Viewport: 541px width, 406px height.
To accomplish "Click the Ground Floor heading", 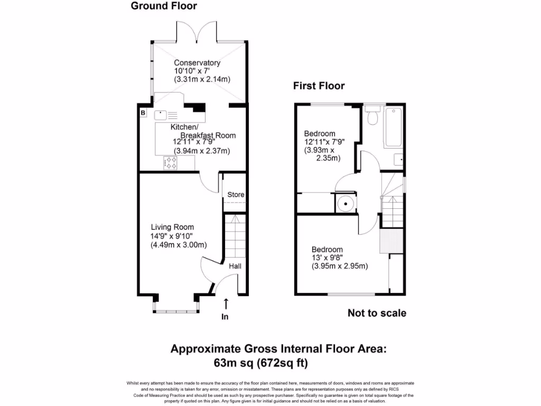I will pos(164,6).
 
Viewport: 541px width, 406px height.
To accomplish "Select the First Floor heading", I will pos(319,86).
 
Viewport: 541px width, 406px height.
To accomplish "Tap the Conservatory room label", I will pos(197,63).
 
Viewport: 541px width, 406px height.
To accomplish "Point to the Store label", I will pos(236,195).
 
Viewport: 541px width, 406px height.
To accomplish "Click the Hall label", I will pos(235,266).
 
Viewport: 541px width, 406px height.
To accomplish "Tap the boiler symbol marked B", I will pos(143,113).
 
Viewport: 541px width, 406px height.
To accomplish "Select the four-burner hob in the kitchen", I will pos(171,163).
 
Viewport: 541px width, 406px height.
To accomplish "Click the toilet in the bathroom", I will pos(372,116).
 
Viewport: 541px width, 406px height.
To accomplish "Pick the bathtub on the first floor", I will pos(394,127).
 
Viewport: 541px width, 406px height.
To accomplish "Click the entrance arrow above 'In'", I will pos(226,303).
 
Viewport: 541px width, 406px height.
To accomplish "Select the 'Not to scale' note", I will pos(377,313).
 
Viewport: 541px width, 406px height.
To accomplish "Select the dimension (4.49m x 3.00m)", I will pos(179,245).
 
